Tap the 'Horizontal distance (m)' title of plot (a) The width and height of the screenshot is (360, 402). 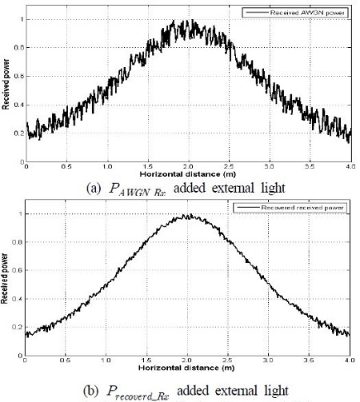[189, 173]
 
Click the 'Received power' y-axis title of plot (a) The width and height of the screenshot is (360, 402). [6, 86]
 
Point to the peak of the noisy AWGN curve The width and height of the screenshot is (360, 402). [190, 22]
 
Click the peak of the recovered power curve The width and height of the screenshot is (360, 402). [190, 215]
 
